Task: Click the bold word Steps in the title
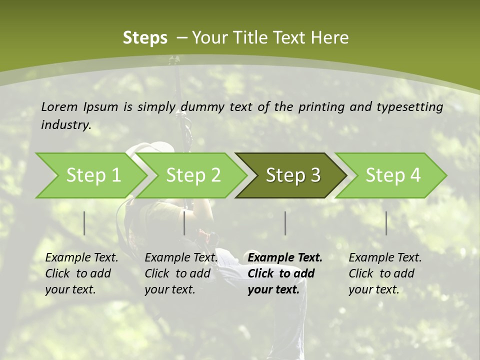[145, 38]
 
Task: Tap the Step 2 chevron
[193, 175]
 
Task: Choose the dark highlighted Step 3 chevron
[292, 175]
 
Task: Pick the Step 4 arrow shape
[392, 175]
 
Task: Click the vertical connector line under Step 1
[84, 223]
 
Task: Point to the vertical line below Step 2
[184, 223]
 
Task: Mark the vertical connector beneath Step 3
[285, 223]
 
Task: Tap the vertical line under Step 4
[386, 223]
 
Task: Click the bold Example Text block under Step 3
[285, 273]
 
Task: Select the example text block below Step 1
[81, 273]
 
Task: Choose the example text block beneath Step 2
[181, 273]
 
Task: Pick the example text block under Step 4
[385, 273]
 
